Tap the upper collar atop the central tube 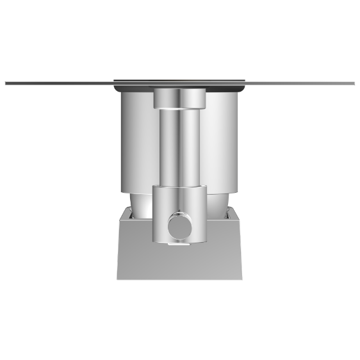(x=179, y=99)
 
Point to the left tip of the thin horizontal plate (x=6, y=83)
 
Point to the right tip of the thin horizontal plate (x=354, y=83)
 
